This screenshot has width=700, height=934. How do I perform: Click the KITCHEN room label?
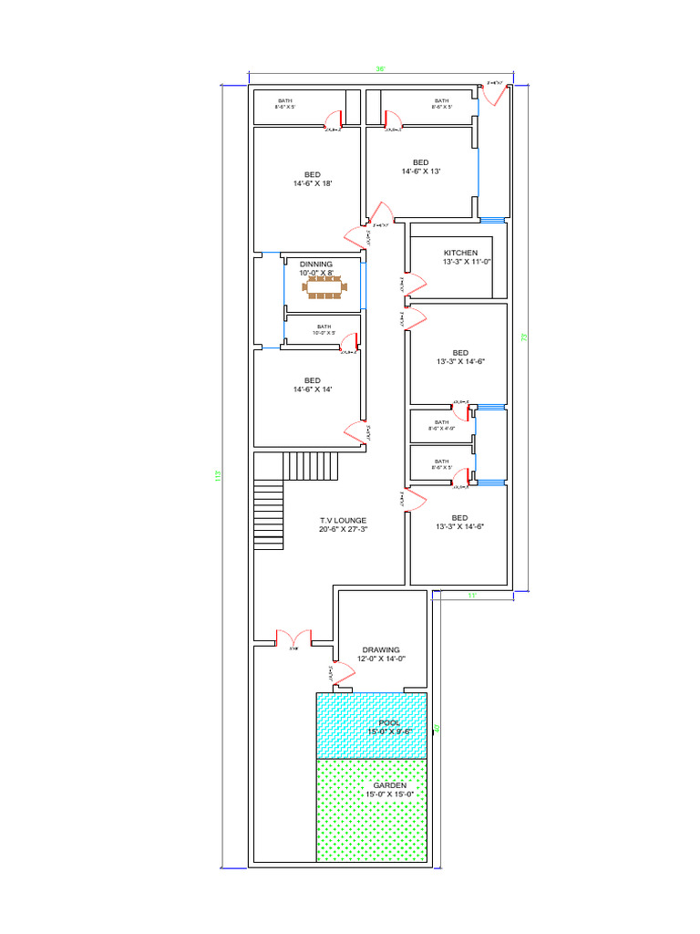(460, 253)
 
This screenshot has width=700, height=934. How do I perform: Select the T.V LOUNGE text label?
(343, 520)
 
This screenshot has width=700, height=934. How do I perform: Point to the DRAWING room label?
(380, 650)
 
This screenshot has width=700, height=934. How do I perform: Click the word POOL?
(389, 722)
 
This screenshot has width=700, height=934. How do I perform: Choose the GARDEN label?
(389, 784)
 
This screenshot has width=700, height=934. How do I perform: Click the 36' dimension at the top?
(380, 69)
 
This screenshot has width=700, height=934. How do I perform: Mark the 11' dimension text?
(472, 596)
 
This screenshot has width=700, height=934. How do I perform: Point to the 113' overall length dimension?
(217, 476)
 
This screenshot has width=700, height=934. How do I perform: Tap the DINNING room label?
(316, 264)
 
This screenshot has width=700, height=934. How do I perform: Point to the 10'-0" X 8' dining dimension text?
(316, 273)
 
